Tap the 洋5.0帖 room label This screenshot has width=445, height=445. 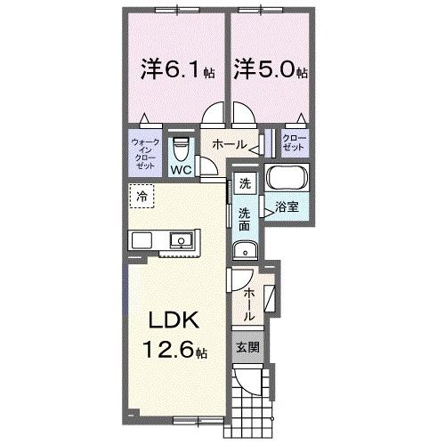click(271, 69)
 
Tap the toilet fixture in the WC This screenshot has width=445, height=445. click(181, 146)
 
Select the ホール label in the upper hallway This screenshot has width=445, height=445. click(228, 142)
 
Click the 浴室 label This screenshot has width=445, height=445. click(287, 207)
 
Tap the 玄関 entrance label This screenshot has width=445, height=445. click(247, 346)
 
